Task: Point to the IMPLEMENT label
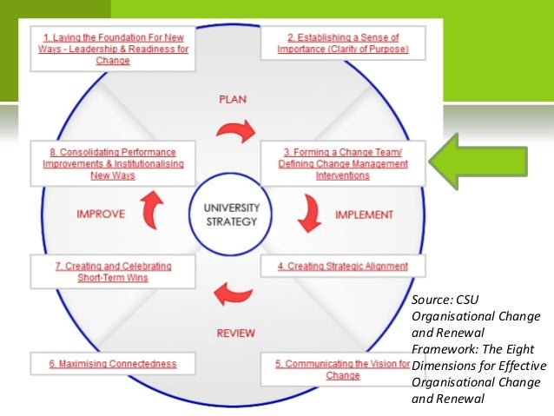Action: click(x=364, y=215)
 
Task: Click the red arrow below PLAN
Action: click(x=235, y=131)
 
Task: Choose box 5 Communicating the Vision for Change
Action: click(x=341, y=369)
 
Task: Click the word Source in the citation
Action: click(x=434, y=300)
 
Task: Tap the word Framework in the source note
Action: click(x=445, y=348)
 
